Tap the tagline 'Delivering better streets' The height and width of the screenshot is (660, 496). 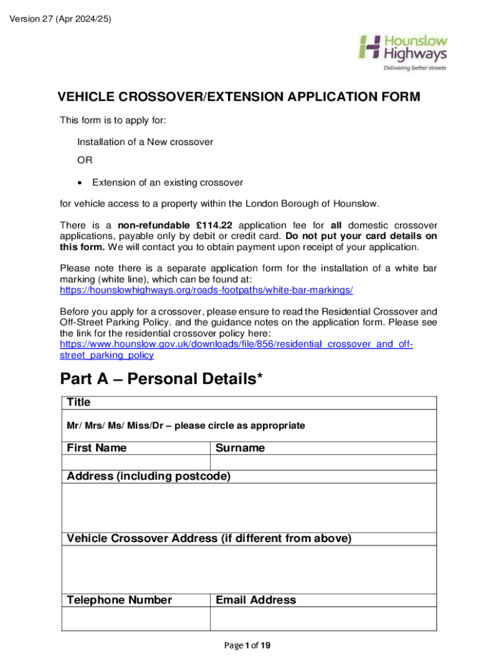point(415,68)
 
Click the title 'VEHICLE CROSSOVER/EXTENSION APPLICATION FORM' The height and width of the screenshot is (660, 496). point(239,97)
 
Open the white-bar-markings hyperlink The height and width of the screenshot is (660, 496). point(206,290)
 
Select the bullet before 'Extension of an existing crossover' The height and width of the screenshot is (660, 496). point(80,183)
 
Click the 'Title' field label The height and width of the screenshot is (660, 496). point(79,403)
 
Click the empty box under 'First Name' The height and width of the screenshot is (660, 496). point(135,462)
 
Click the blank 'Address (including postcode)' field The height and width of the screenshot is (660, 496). point(248,507)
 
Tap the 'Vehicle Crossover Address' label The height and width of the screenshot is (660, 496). point(209,539)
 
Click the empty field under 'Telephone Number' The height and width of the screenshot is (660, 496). point(135,619)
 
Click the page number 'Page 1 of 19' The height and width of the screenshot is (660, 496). point(248,646)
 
